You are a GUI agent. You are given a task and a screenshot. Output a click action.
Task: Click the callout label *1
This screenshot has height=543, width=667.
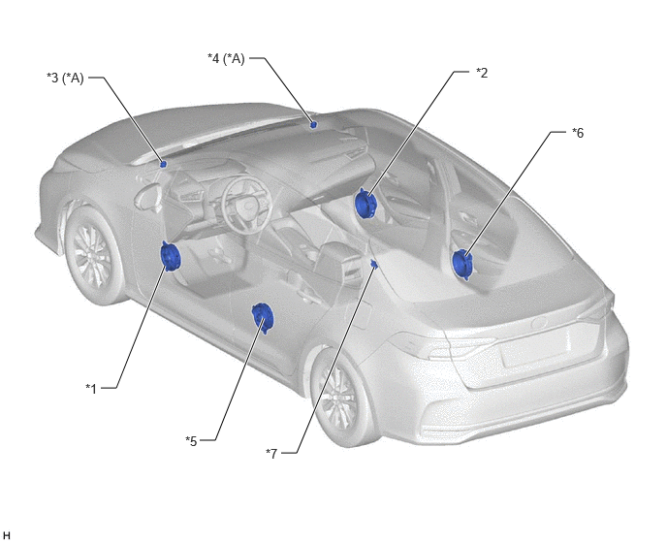91,389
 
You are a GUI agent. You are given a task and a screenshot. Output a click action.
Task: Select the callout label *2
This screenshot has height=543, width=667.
482,73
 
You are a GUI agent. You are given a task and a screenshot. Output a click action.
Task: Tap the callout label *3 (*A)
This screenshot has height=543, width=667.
65,79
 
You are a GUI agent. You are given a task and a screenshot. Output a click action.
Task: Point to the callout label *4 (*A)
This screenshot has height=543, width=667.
226,58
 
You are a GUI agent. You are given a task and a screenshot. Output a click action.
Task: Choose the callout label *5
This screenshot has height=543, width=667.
191,441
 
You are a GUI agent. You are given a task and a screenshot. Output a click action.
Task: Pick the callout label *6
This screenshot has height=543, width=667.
578,133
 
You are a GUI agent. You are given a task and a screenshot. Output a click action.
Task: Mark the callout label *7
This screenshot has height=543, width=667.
271,454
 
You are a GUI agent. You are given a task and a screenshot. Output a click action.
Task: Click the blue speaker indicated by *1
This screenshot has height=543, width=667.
171,256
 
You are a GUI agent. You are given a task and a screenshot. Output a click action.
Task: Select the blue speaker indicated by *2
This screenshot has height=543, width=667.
365,204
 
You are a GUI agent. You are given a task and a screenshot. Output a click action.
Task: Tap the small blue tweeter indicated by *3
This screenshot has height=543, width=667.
163,164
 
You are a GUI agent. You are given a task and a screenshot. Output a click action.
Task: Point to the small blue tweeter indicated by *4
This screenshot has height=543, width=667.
313,125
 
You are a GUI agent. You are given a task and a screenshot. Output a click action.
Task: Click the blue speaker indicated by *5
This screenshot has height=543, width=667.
262,318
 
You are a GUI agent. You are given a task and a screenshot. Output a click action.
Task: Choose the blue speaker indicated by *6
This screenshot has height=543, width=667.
461,265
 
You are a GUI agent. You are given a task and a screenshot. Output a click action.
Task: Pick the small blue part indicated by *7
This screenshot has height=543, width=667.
374,265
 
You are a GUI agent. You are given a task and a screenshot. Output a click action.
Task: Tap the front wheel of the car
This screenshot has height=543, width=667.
93,254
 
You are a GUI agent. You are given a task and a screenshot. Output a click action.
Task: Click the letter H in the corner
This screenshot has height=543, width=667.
7,535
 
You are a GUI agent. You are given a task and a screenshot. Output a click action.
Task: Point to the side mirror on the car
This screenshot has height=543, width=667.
147,197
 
